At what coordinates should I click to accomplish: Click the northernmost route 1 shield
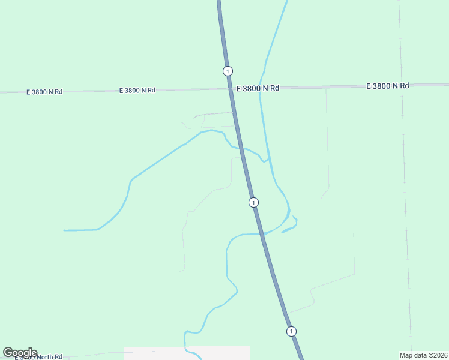point(228,71)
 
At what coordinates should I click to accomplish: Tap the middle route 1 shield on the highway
point(253,202)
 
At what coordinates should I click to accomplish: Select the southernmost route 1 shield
point(291,331)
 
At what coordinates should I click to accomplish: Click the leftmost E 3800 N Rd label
point(44,92)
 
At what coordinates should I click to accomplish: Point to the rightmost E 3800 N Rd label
point(388,86)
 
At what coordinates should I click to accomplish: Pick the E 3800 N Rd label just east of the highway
point(258,88)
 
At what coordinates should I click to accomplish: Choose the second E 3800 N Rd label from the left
point(137,90)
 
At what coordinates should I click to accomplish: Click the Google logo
point(20,353)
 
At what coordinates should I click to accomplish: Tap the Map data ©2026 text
point(423,355)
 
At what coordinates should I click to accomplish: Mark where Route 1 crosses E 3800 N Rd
point(231,89)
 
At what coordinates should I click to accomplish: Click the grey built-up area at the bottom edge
point(186,353)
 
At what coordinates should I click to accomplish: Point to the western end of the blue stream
point(64,230)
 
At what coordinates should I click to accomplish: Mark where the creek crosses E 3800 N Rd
point(260,88)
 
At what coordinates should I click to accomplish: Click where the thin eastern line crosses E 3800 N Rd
point(402,85)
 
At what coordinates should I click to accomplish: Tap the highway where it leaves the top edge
point(219,2)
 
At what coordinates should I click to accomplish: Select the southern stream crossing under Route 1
point(262,233)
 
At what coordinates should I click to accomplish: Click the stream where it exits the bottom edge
point(199,358)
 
